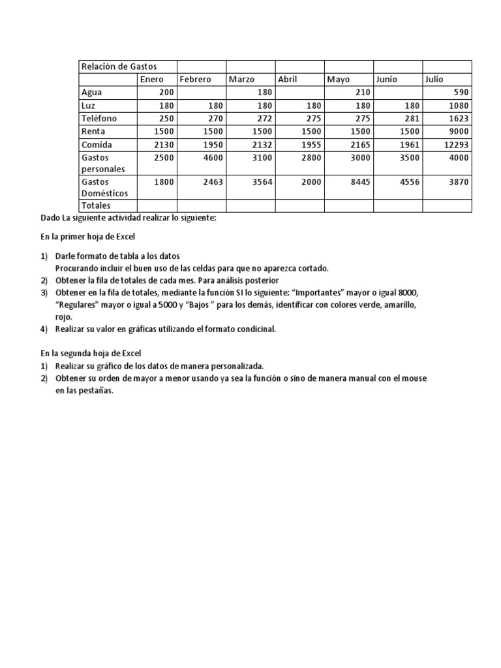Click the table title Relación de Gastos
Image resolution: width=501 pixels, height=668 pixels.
(118, 67)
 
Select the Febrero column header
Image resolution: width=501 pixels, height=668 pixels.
(195, 80)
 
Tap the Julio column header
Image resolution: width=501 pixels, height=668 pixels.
(434, 80)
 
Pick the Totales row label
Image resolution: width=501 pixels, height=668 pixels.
(95, 205)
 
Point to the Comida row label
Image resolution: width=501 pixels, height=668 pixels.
(96, 145)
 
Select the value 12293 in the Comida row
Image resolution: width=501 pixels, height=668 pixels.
(455, 145)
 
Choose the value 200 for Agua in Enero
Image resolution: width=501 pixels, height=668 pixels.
(166, 93)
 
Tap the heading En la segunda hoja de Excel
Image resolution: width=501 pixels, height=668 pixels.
(90, 353)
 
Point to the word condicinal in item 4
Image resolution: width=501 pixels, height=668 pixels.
(256, 329)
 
